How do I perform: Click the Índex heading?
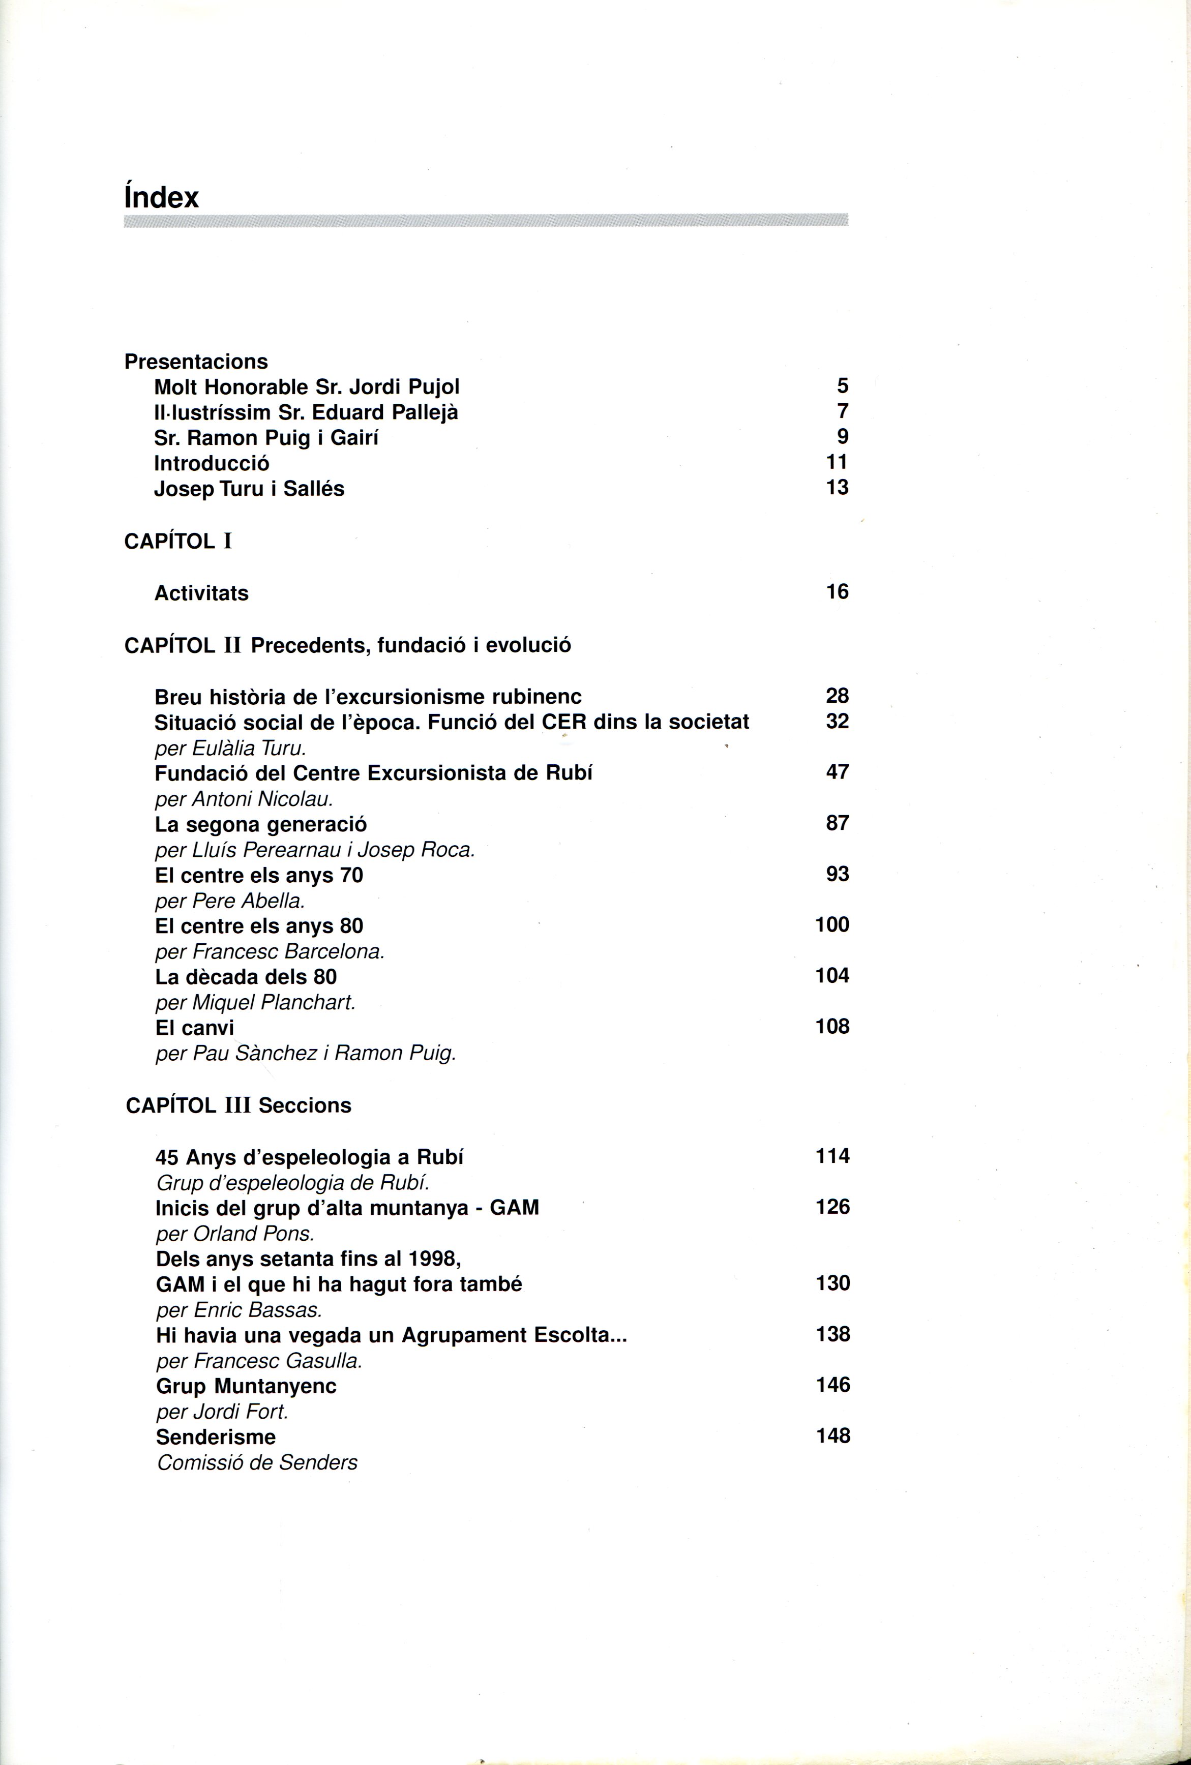[x=161, y=197]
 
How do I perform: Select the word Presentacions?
[x=196, y=362]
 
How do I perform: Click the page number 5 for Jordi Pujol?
[x=842, y=386]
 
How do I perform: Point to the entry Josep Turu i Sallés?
[x=249, y=488]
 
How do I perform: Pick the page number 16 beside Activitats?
[x=837, y=591]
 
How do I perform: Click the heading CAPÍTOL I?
[x=178, y=542]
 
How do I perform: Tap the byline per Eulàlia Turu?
[x=230, y=748]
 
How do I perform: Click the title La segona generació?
[x=260, y=824]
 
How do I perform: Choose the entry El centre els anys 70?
[x=259, y=876]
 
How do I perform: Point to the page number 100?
[x=832, y=925]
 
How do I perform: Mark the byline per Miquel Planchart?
[x=255, y=1002]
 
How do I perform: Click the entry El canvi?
[x=194, y=1028]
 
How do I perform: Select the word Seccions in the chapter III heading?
[x=305, y=1105]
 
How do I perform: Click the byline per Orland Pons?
[x=235, y=1234]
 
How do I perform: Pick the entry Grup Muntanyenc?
[x=246, y=1386]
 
